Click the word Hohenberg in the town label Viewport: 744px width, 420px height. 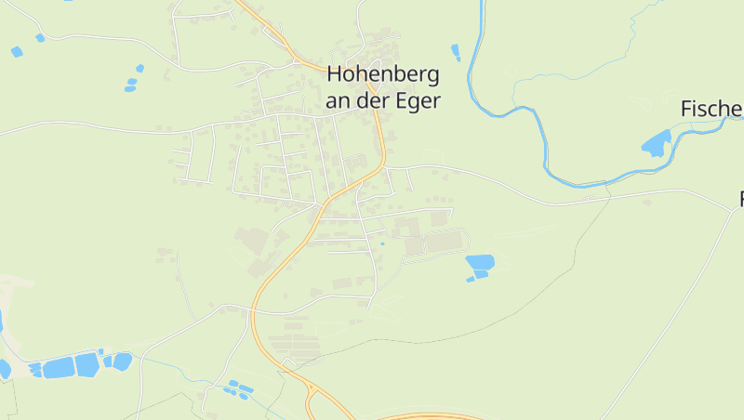click(x=382, y=76)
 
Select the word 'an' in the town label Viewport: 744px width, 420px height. click(x=339, y=101)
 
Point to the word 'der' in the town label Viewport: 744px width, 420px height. click(x=375, y=101)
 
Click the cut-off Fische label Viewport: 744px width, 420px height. click(x=712, y=109)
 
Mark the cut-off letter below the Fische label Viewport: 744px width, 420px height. click(x=741, y=198)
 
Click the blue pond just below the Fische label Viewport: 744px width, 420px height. click(x=656, y=144)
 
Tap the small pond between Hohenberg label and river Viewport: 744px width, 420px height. click(x=455, y=52)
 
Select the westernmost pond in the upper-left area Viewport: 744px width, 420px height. click(x=17, y=52)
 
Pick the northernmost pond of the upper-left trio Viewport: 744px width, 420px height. click(x=139, y=68)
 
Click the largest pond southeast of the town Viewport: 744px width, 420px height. click(x=480, y=262)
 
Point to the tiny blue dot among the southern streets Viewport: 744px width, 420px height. click(x=381, y=243)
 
